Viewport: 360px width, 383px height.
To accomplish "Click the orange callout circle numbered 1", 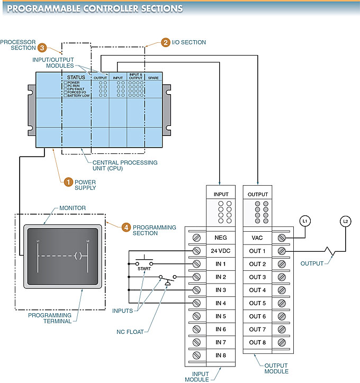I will coord(68,182).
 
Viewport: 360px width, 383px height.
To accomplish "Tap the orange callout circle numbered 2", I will coord(166,42).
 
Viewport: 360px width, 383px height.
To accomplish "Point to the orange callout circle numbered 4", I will coord(126,227).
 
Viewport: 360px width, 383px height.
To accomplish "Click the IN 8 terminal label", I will coord(221,355).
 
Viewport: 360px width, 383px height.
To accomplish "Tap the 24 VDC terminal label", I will coord(221,251).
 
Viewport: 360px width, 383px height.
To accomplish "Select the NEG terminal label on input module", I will coord(221,238).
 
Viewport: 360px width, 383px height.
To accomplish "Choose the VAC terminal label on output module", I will coord(257,238).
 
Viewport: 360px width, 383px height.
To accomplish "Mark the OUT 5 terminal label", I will coord(257,303).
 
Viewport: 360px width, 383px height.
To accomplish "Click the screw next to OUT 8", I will coord(281,342).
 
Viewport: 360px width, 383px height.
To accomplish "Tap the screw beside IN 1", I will coord(197,264).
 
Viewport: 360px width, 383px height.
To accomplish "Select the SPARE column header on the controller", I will coord(153,78).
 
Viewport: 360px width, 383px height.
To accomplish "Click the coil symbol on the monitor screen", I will coord(77,256).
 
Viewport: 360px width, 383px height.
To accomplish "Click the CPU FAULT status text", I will coord(76,89).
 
